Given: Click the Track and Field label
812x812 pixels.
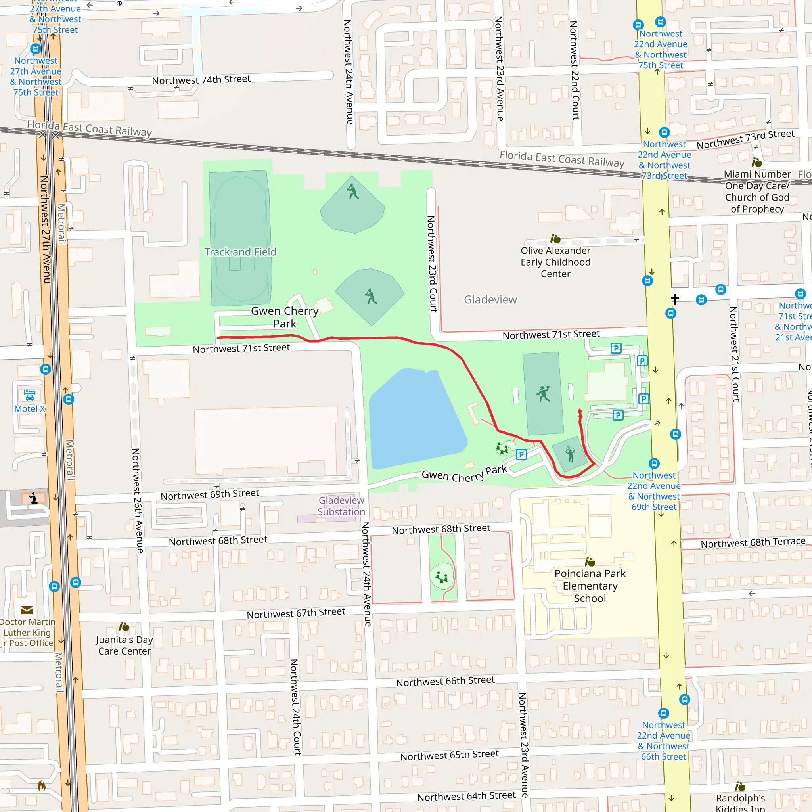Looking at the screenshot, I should pyautogui.click(x=240, y=252).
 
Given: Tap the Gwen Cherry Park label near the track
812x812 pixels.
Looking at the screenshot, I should pyautogui.click(x=285, y=317).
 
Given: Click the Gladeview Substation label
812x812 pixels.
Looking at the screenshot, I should pyautogui.click(x=341, y=506).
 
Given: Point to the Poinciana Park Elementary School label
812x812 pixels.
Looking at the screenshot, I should pyautogui.click(x=590, y=586).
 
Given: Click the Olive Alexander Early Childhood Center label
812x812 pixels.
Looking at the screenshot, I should pyautogui.click(x=555, y=262).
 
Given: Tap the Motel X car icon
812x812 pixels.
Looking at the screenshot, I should pyautogui.click(x=29, y=395).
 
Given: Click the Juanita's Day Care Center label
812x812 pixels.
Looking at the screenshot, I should pyautogui.click(x=124, y=645).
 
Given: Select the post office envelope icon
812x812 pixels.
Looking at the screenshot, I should pyautogui.click(x=27, y=610).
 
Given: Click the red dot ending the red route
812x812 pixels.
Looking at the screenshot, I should pyautogui.click(x=580, y=411).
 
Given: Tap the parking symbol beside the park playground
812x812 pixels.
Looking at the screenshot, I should pyautogui.click(x=521, y=454).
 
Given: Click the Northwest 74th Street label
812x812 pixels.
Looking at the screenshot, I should pyautogui.click(x=201, y=79).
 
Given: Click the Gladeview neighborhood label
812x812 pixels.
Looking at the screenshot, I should pyautogui.click(x=490, y=300).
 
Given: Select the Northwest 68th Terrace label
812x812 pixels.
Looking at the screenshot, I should pyautogui.click(x=753, y=543).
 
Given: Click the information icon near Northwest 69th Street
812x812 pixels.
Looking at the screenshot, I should pyautogui.click(x=33, y=498).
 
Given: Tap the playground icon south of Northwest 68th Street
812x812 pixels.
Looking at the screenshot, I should pyautogui.click(x=442, y=577).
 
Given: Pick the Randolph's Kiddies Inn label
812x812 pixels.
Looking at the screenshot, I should pyautogui.click(x=740, y=803).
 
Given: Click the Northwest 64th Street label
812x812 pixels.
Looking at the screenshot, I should pyautogui.click(x=466, y=796).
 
